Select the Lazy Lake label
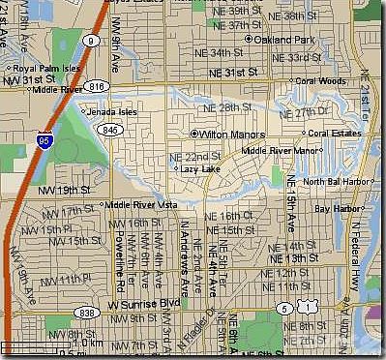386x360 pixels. pyautogui.click(x=200, y=168)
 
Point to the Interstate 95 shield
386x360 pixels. pyautogui.click(x=45, y=142)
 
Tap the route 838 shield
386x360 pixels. pyautogui.click(x=88, y=313)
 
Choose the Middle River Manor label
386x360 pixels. pyautogui.click(x=280, y=151)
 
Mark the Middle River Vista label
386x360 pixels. pyautogui.click(x=139, y=204)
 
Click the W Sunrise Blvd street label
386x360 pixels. pyautogui.click(x=144, y=303)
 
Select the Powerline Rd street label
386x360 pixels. pyautogui.click(x=115, y=260)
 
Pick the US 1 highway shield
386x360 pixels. pyautogui.click(x=308, y=309)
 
